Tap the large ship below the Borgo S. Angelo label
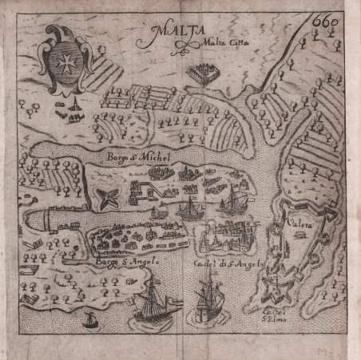tap(152, 307)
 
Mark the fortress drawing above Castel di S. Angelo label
tap(232, 239)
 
